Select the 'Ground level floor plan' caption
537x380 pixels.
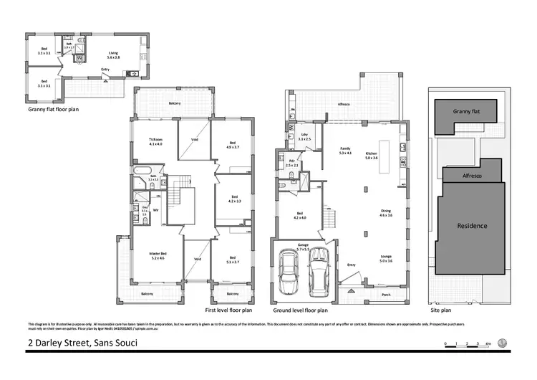(301, 311)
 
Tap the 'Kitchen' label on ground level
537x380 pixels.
(372, 153)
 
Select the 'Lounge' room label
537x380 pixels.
(386, 259)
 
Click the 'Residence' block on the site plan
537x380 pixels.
(472, 226)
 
